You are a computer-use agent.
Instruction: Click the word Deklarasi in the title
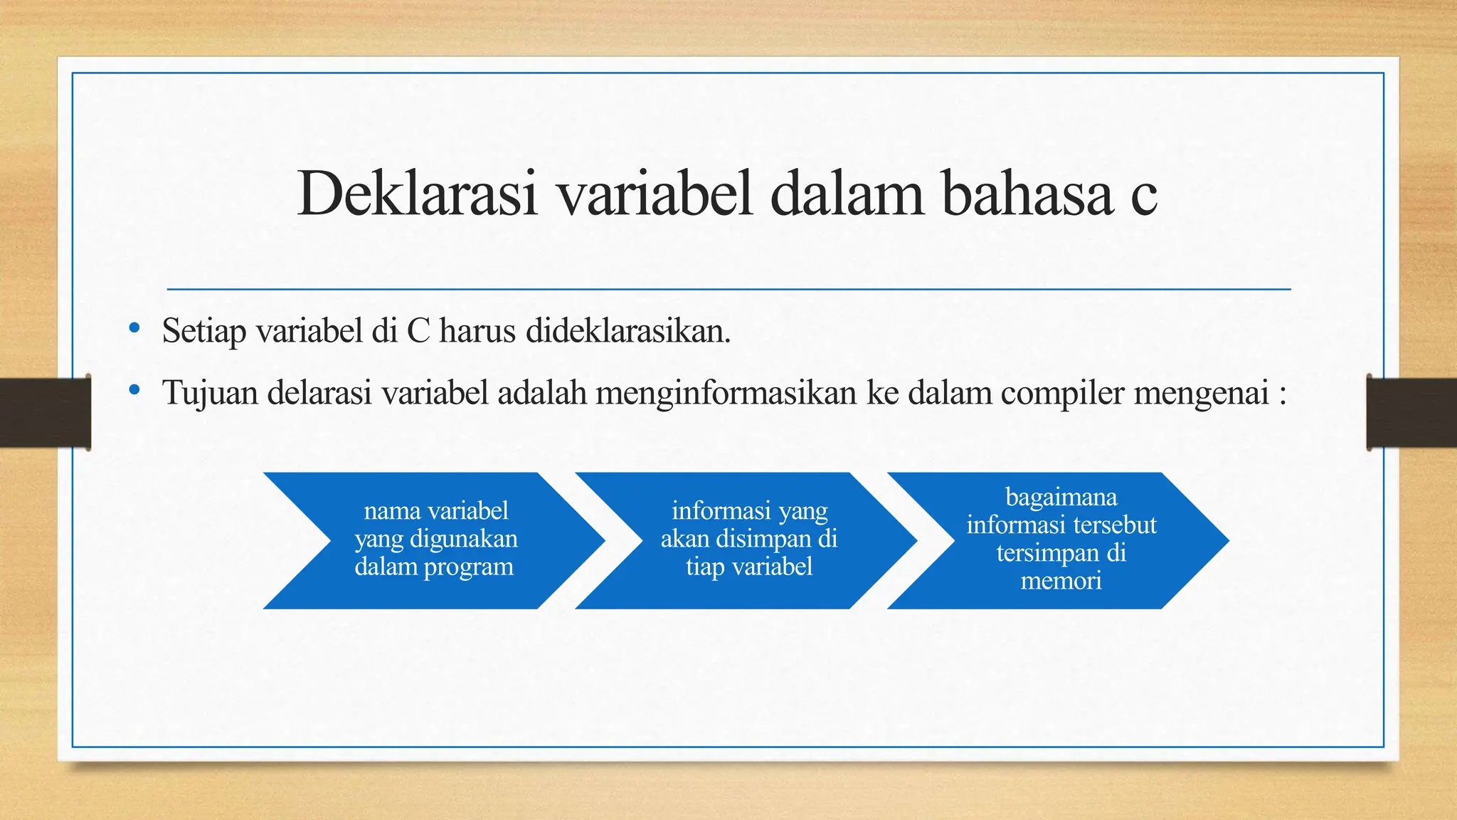coord(417,194)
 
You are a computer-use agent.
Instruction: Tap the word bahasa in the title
coord(1027,194)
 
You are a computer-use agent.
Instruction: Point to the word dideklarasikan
coord(627,330)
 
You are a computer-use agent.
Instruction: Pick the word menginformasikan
coord(726,393)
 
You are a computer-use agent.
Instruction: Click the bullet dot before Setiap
coord(134,328)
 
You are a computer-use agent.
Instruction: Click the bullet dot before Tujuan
coord(134,389)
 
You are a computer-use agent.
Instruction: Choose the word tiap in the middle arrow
coord(704,568)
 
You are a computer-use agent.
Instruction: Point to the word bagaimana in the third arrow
coord(1061,497)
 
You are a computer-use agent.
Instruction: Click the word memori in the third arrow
coord(1061,581)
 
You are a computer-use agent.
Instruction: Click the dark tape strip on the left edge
coord(45,413)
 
